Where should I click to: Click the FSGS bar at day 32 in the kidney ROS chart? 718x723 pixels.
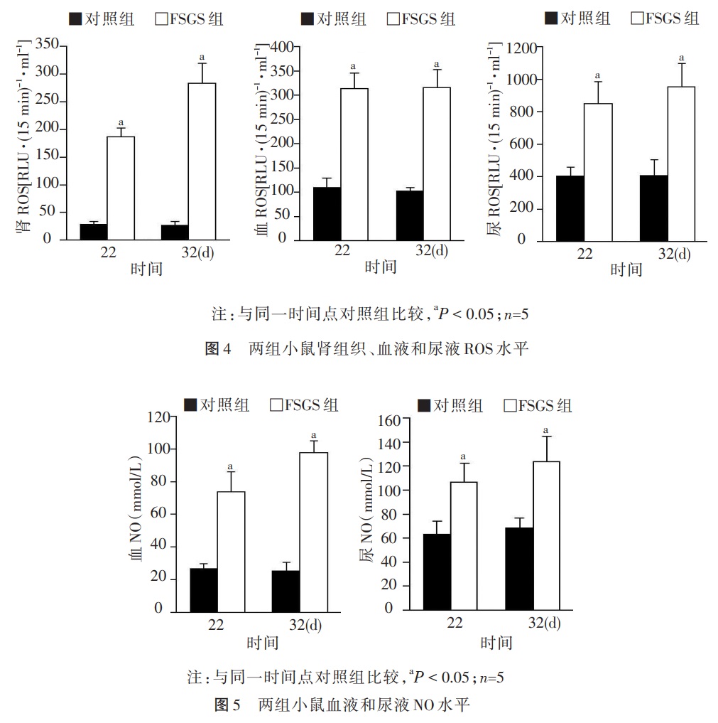(202, 161)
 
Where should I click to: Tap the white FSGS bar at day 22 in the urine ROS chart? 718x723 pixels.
(598, 171)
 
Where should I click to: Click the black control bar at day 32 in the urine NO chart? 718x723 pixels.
(520, 568)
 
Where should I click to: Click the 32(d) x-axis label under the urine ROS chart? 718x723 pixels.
(673, 254)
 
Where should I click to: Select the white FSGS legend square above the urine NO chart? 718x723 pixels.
(510, 406)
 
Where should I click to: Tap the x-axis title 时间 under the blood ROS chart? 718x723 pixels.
(380, 267)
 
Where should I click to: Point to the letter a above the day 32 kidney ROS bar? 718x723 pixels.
(202, 56)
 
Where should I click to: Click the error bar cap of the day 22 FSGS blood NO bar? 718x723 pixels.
(230, 473)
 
